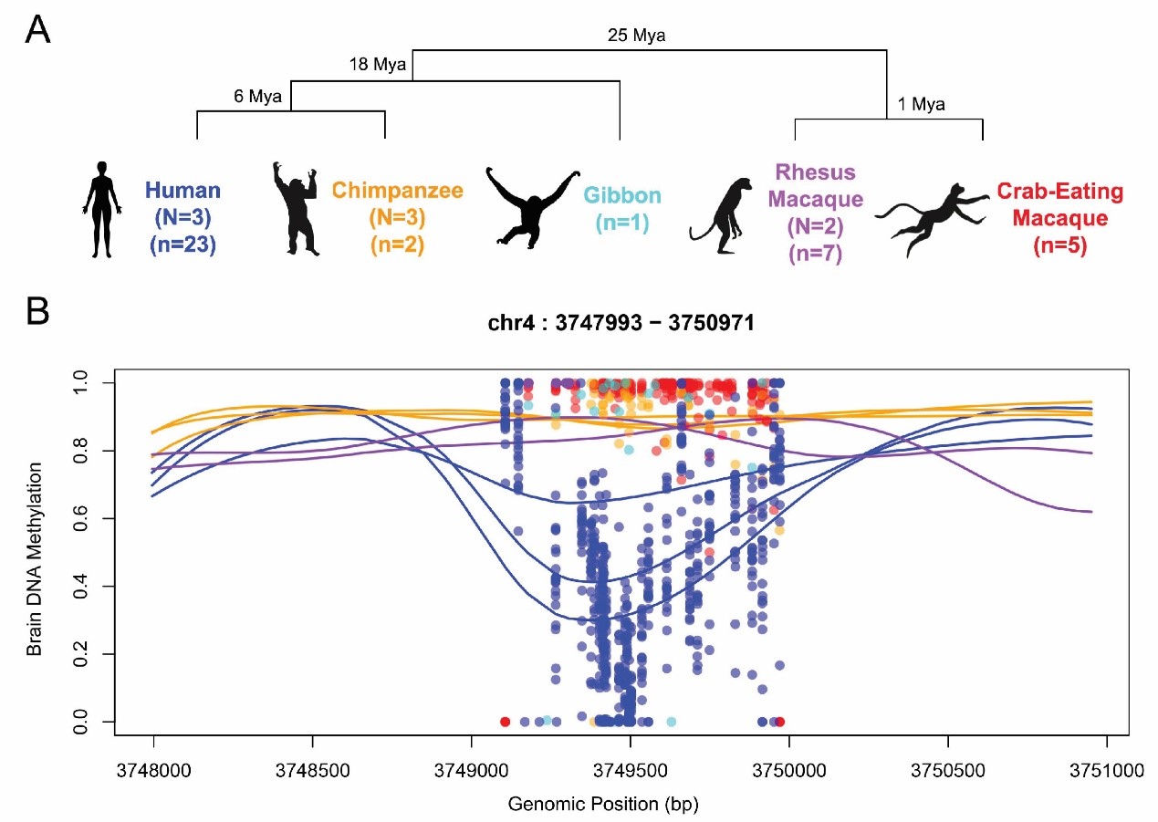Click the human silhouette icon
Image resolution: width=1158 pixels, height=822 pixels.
coord(101,207)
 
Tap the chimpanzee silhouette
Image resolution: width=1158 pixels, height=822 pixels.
coord(297,208)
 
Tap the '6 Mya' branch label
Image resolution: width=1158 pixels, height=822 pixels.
coord(257,96)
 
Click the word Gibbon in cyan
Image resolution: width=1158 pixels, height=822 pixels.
coord(623,195)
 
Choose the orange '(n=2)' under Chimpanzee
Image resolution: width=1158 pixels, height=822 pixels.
coord(397,245)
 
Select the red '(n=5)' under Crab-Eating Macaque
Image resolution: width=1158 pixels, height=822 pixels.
coord(1059,245)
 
